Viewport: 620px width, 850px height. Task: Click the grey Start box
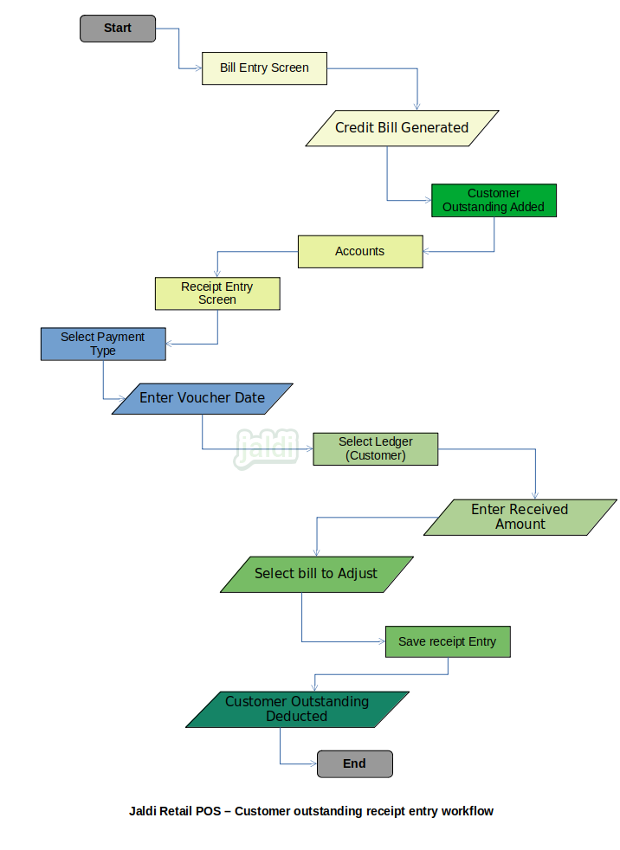point(118,29)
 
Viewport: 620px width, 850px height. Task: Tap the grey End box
point(355,763)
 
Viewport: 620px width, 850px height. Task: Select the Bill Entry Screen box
point(264,68)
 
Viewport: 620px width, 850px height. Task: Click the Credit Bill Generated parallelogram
point(402,128)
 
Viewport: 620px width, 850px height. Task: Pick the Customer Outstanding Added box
point(494,201)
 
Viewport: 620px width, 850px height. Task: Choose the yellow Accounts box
point(360,252)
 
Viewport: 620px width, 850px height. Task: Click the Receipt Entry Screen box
point(217,293)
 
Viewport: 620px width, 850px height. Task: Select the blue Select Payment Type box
point(103,345)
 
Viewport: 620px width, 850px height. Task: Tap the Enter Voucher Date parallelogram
point(203,399)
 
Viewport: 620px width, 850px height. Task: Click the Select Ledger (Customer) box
point(375,449)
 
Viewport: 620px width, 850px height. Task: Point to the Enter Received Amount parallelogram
point(520,517)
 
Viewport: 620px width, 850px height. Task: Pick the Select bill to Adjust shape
point(317,575)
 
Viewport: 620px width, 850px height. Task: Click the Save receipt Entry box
point(448,642)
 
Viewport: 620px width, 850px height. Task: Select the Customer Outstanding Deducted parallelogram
point(297,710)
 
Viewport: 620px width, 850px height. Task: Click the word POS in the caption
point(209,812)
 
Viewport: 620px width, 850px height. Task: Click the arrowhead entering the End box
point(313,763)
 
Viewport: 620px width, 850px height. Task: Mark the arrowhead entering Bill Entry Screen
point(198,68)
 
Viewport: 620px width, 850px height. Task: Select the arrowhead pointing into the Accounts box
point(427,252)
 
